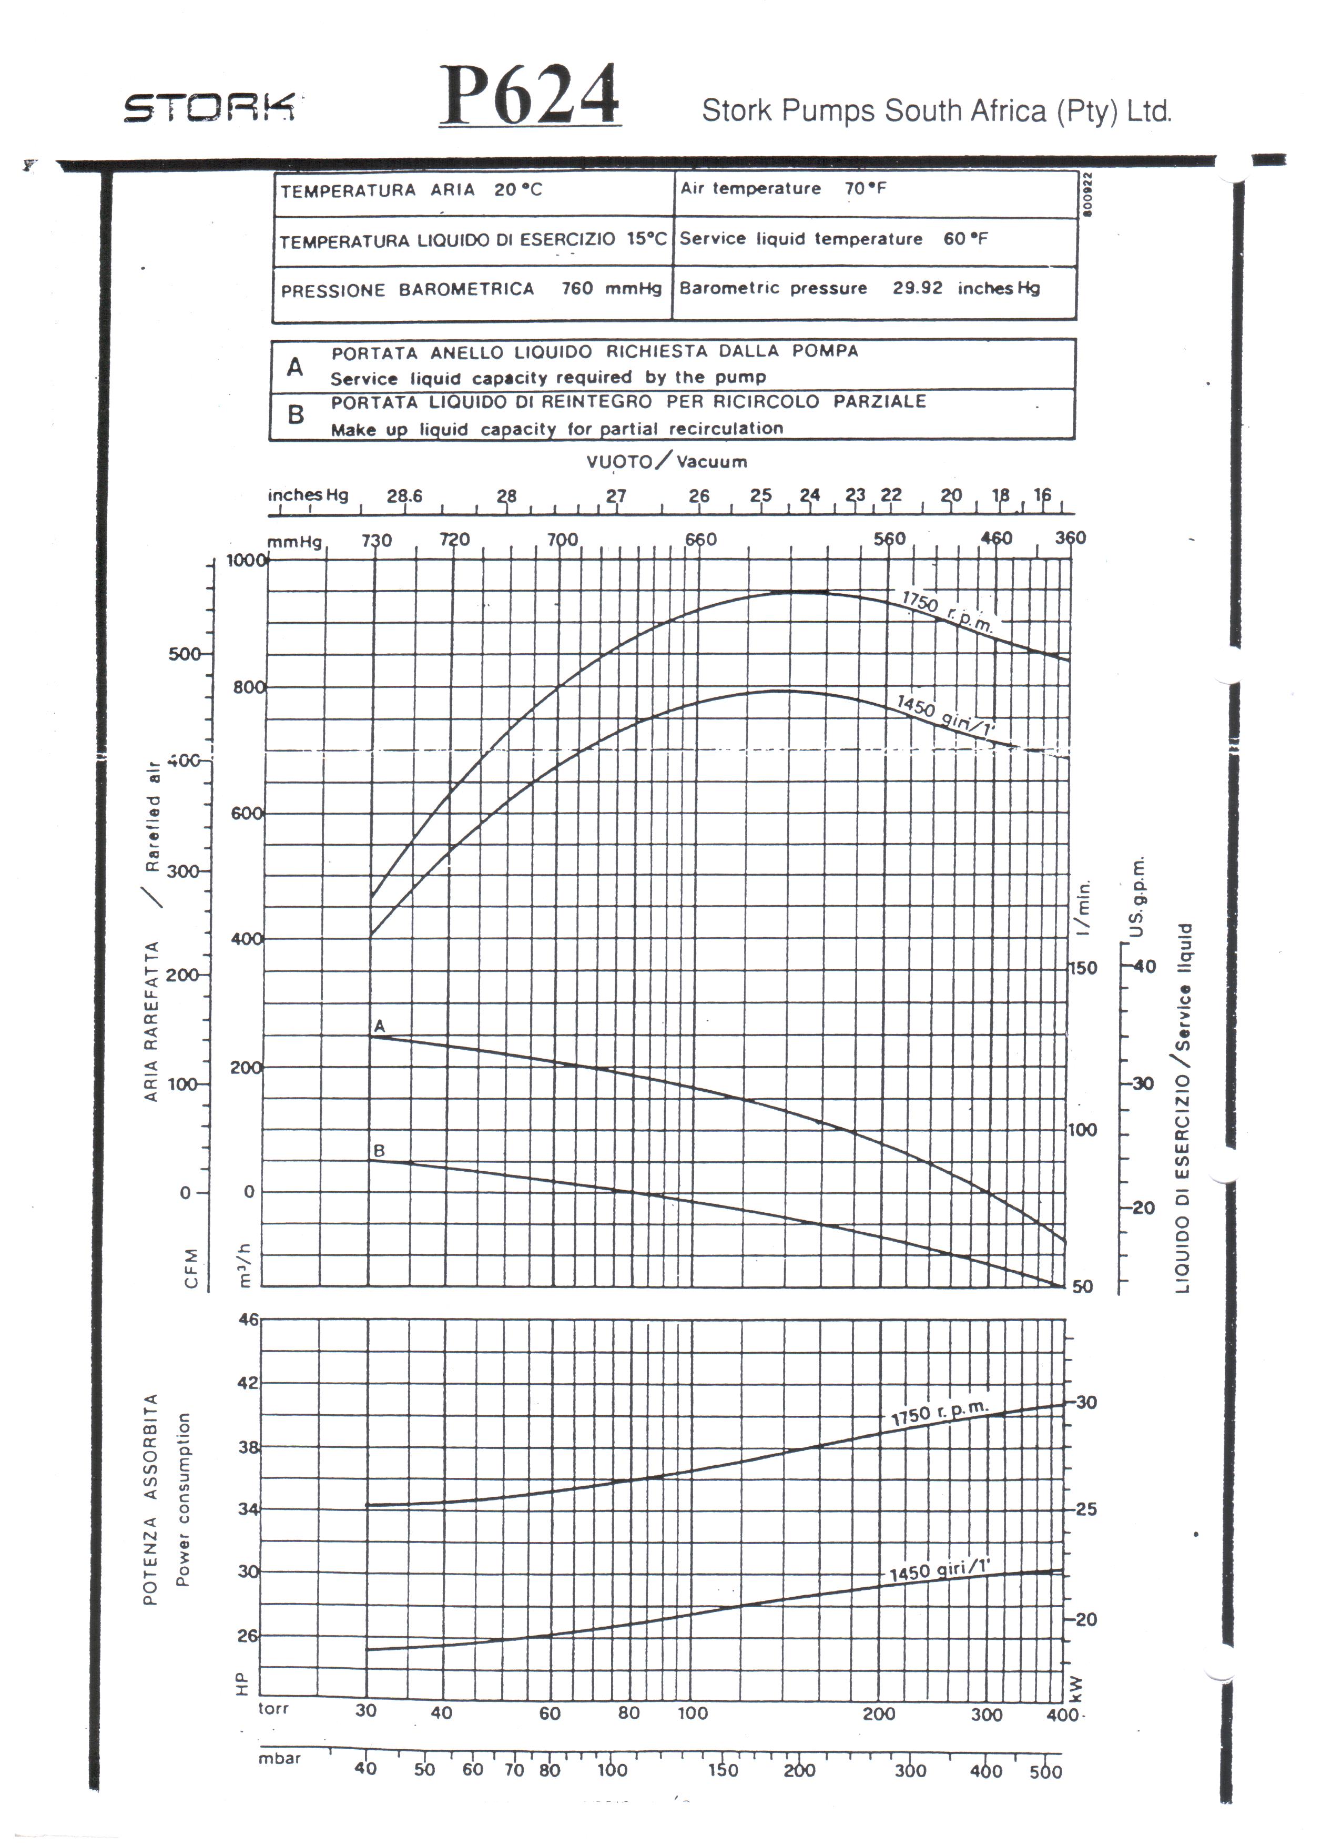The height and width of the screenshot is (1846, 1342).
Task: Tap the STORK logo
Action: (209, 107)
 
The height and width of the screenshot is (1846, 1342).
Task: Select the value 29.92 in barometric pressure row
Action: (917, 288)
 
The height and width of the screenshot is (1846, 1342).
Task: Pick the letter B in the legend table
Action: (296, 415)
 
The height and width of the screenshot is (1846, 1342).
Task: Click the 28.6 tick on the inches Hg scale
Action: (404, 495)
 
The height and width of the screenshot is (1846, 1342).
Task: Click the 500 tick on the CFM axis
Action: (184, 654)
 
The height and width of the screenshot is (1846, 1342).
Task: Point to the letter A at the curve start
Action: (379, 1027)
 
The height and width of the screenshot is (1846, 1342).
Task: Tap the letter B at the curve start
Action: (379, 1151)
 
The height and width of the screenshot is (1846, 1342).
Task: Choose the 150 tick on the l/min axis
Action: (1082, 968)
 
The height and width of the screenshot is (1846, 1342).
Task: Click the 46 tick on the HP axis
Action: (248, 1320)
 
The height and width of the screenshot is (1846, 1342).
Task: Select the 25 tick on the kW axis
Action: (1086, 1509)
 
